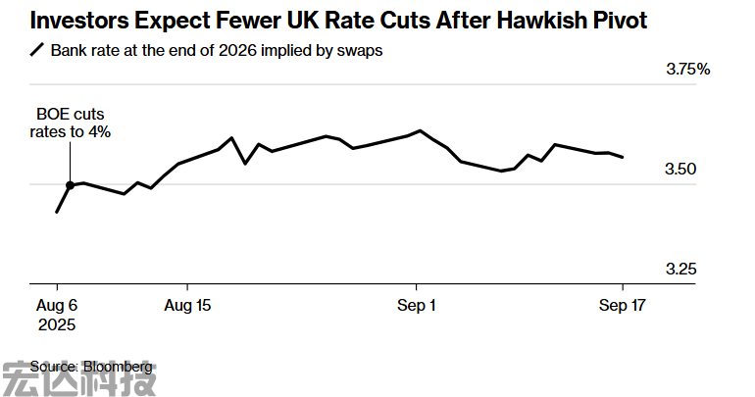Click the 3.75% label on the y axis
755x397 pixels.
click(x=687, y=70)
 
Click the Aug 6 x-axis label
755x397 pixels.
click(x=57, y=306)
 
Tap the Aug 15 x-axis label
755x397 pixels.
click(x=187, y=306)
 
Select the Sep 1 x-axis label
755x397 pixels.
click(x=416, y=306)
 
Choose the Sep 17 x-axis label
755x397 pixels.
click(x=623, y=306)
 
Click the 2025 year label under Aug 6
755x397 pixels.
click(x=57, y=323)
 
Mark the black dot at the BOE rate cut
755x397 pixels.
click(x=70, y=185)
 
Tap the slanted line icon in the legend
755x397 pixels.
click(x=37, y=50)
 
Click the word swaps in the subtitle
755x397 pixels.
click(x=360, y=50)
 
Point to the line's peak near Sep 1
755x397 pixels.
click(x=420, y=130)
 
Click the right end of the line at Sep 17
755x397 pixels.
click(x=623, y=157)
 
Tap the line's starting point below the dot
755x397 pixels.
click(x=57, y=212)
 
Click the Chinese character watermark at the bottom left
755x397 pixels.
click(x=78, y=377)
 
